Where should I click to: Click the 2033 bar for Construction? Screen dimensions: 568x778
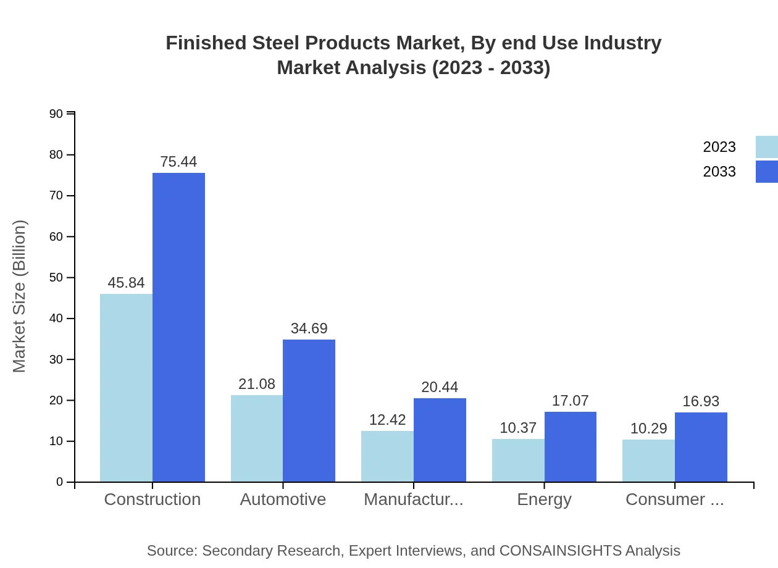click(x=178, y=327)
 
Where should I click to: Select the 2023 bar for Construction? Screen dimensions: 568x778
click(x=126, y=388)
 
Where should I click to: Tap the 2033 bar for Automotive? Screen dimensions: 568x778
click(x=309, y=411)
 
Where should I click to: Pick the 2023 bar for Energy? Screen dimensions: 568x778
click(x=518, y=460)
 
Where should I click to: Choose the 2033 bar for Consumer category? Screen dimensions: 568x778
click(x=701, y=447)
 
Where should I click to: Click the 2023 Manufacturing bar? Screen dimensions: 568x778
click(x=387, y=456)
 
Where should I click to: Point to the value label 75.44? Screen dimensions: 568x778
click(x=178, y=162)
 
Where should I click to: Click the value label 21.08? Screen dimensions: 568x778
click(x=257, y=384)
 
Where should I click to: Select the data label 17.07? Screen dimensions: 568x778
click(x=570, y=401)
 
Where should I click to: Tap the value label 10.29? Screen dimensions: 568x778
click(x=648, y=428)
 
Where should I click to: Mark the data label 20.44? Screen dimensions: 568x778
click(x=440, y=387)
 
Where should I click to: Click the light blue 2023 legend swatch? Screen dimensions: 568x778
click(x=766, y=147)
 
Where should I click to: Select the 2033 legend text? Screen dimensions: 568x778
click(x=719, y=172)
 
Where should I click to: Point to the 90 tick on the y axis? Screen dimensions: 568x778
click(x=56, y=114)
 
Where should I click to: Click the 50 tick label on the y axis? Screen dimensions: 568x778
click(x=56, y=278)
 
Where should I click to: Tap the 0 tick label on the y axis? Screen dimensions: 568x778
click(x=60, y=482)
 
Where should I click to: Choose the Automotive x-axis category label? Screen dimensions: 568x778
click(x=283, y=499)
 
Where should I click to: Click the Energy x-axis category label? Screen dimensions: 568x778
click(x=544, y=499)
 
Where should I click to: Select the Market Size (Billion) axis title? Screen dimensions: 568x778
click(x=20, y=296)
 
